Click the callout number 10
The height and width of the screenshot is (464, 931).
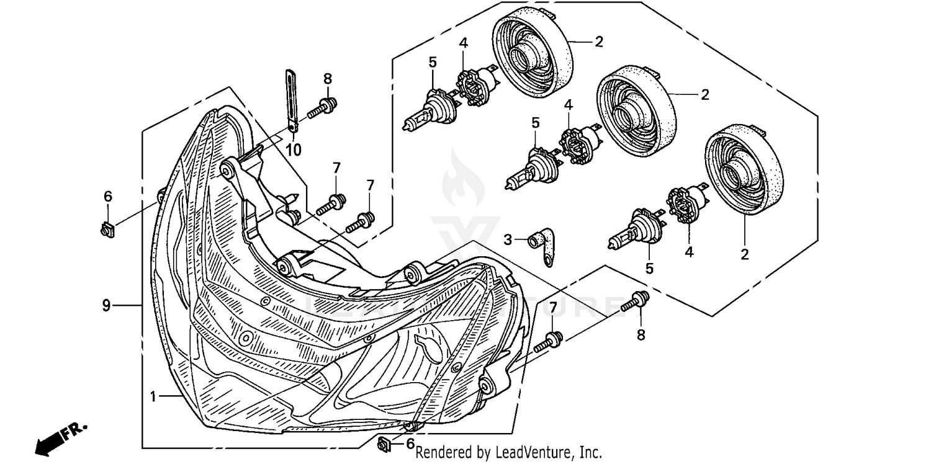click(294, 149)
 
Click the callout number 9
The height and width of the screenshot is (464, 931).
click(106, 305)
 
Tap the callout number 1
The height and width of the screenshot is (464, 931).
click(153, 395)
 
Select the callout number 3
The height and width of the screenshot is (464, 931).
click(508, 239)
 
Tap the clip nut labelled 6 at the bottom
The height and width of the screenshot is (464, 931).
click(384, 442)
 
